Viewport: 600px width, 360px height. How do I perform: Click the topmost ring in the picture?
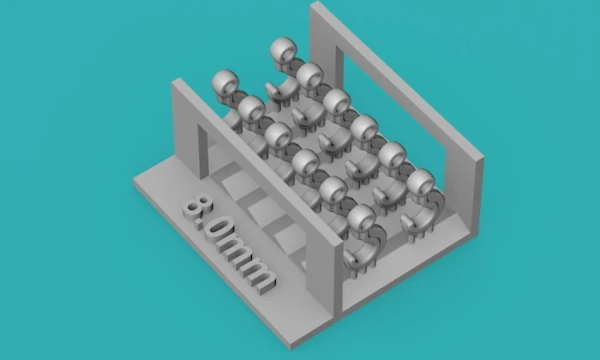coord(283,50)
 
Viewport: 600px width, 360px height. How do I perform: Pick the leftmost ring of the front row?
coord(226,82)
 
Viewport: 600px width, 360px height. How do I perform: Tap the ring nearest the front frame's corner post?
coord(362,219)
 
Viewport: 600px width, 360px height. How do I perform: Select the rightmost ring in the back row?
coord(421,182)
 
